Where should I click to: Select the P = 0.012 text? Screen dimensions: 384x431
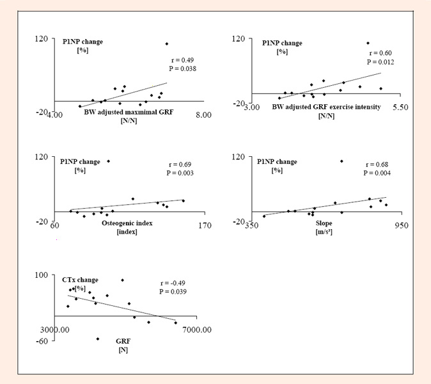[380, 62]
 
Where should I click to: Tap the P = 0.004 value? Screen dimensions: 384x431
[376, 173]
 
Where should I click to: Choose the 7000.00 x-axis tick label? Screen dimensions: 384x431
[197, 329]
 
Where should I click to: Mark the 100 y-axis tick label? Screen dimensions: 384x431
[41, 275]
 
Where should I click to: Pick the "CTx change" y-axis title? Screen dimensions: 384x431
[80, 280]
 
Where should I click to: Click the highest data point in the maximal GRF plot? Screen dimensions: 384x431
[167, 44]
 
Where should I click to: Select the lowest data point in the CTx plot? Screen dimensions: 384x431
[98, 339]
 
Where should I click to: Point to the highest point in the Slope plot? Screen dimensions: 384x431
[341, 161]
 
